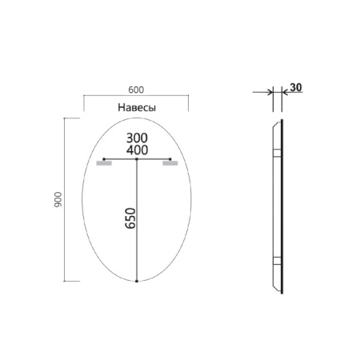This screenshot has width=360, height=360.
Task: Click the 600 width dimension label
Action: [136, 90]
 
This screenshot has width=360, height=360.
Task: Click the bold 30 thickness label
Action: [296, 87]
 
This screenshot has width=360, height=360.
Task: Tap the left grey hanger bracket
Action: [102, 165]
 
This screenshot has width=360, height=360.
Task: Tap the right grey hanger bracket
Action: [169, 165]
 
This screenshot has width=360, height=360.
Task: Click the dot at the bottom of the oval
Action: [137, 282]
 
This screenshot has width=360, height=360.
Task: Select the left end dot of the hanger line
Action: [103, 160]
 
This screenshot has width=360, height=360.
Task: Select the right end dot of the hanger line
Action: [170, 160]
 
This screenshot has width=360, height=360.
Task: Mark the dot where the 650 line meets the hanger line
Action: [137, 160]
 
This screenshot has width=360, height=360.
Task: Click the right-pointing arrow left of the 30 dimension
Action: [268, 93]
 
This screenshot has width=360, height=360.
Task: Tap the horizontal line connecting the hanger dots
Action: [120, 160]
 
